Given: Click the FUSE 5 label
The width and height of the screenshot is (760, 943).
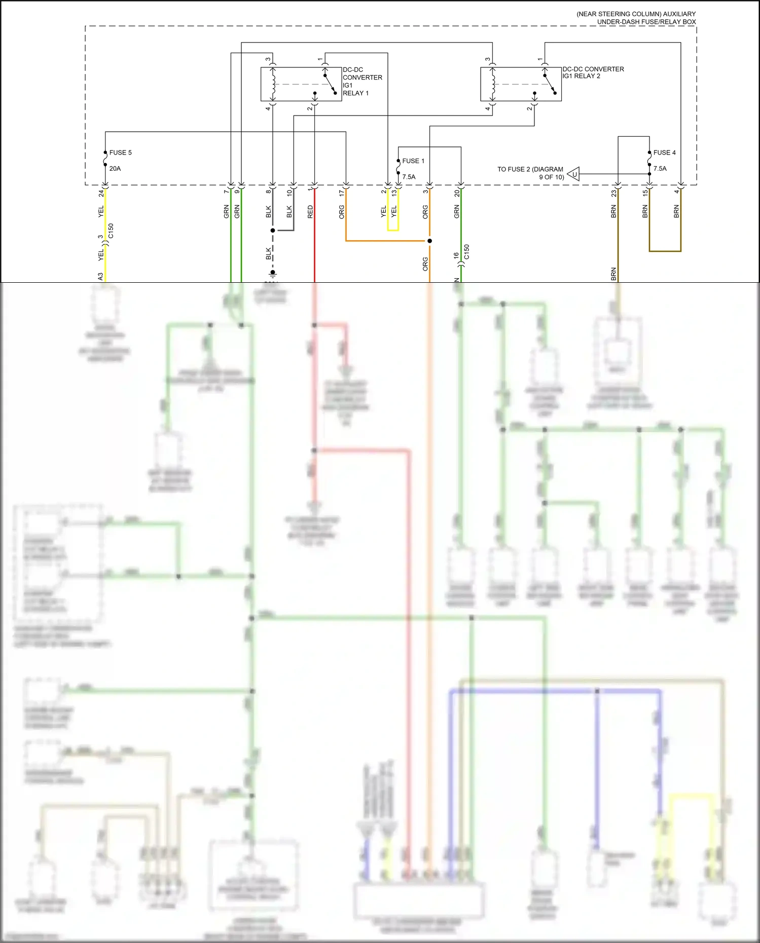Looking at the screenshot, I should [120, 153].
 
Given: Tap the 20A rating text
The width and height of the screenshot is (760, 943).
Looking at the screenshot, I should [115, 169].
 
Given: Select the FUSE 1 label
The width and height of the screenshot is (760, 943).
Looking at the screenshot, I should [413, 161].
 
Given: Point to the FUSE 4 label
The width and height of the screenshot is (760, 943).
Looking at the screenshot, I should [664, 153].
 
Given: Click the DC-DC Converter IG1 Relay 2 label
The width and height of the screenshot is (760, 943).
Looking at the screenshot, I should [593, 72].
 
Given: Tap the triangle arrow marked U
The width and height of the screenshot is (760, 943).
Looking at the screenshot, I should [573, 174].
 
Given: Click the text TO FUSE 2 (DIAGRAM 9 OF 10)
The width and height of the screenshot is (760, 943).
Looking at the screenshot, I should [530, 173].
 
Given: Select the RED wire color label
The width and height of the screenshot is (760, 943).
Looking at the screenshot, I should [310, 212].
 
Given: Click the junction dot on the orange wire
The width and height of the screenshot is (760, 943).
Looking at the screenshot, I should [429, 241].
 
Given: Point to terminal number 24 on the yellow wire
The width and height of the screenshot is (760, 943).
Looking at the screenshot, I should [101, 194].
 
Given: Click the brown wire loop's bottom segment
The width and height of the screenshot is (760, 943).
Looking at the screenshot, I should [665, 251].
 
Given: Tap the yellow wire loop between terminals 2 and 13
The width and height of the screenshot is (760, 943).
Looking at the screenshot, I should [393, 230].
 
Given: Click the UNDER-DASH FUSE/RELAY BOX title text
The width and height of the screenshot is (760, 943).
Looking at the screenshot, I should [646, 22].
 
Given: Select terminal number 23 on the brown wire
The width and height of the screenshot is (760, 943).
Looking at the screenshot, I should [614, 194].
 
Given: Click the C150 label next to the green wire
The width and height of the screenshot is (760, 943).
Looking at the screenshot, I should [466, 252].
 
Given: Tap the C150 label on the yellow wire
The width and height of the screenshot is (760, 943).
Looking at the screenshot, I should [111, 231].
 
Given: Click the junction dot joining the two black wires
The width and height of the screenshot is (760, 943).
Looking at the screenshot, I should [273, 231].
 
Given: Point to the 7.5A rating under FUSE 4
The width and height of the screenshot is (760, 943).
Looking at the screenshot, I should [660, 169].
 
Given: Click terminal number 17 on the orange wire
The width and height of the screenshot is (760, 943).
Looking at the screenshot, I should [342, 194].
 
